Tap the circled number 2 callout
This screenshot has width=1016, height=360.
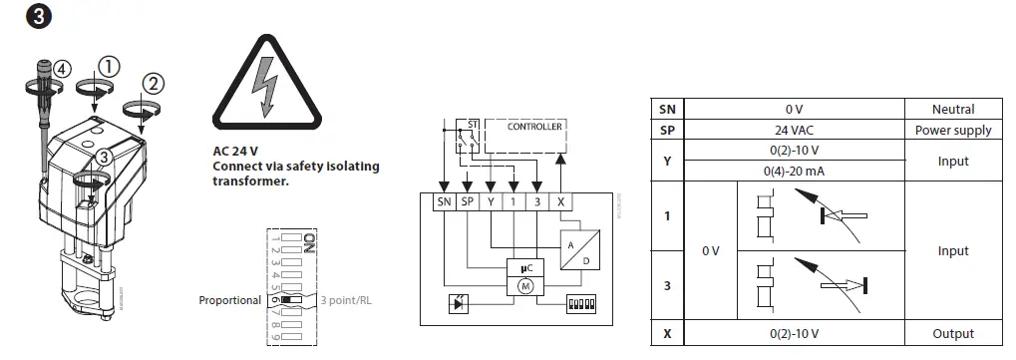point(153,83)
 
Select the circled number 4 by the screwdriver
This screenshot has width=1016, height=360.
point(62,69)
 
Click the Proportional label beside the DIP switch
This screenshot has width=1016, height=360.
point(229,299)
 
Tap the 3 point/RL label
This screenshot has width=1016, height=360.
point(354,299)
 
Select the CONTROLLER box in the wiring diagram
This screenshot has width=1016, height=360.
point(534,127)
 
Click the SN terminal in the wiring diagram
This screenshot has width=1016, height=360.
point(444,201)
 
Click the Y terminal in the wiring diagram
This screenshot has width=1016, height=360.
point(492,201)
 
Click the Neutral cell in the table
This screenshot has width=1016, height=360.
point(952,109)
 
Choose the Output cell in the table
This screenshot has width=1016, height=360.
point(952,333)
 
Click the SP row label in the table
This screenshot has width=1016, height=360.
point(667,130)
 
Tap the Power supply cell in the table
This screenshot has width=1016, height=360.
point(952,130)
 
